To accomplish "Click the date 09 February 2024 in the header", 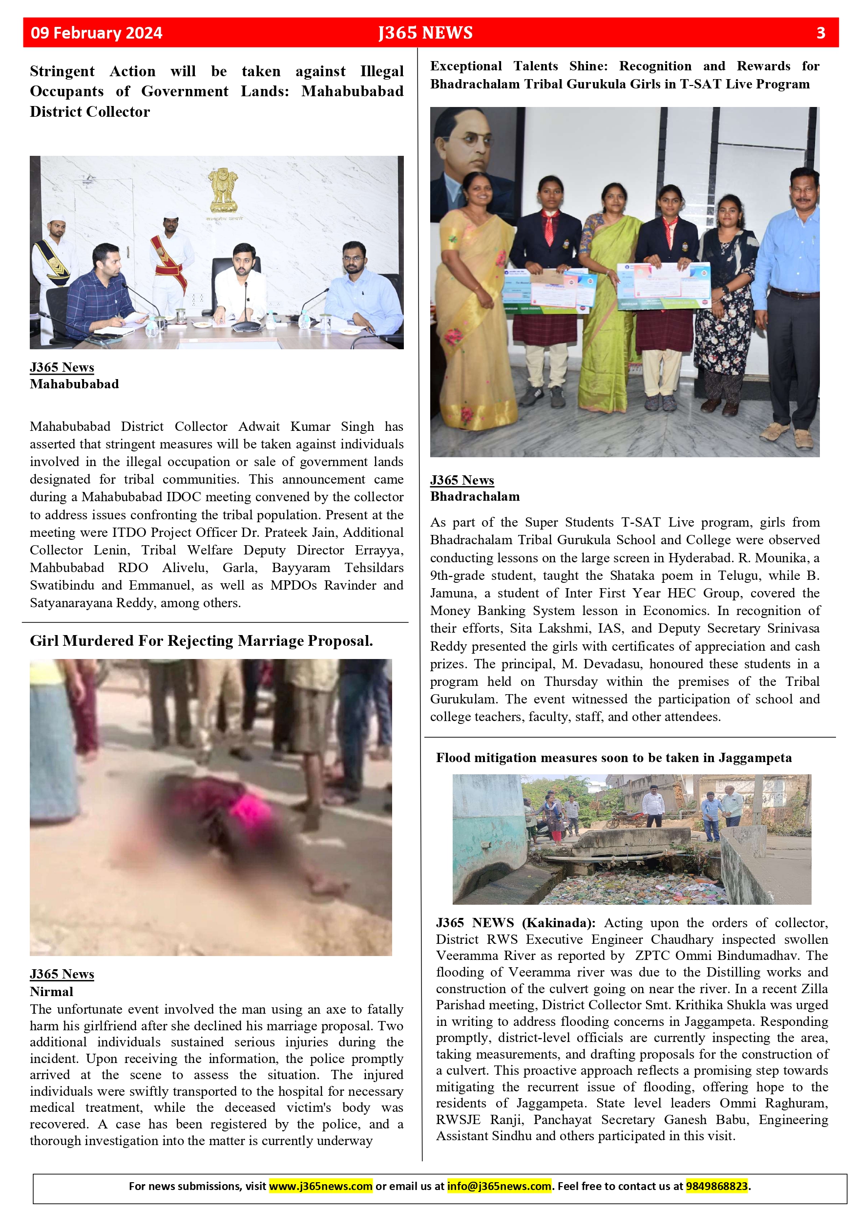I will click(97, 33).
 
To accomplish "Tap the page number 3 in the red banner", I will click(820, 33).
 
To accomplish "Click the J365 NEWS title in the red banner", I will click(425, 33).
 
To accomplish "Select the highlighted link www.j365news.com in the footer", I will click(320, 1186).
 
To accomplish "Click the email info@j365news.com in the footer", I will click(499, 1186).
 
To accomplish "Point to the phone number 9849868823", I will click(717, 1186).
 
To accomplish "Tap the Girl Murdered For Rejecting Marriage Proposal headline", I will click(201, 640).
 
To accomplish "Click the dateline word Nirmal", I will click(51, 991).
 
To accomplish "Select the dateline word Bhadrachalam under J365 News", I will click(475, 496).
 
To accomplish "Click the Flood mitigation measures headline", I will click(613, 758).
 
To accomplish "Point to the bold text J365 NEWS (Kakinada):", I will click(515, 922).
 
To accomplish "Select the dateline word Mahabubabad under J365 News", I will click(74, 384).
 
